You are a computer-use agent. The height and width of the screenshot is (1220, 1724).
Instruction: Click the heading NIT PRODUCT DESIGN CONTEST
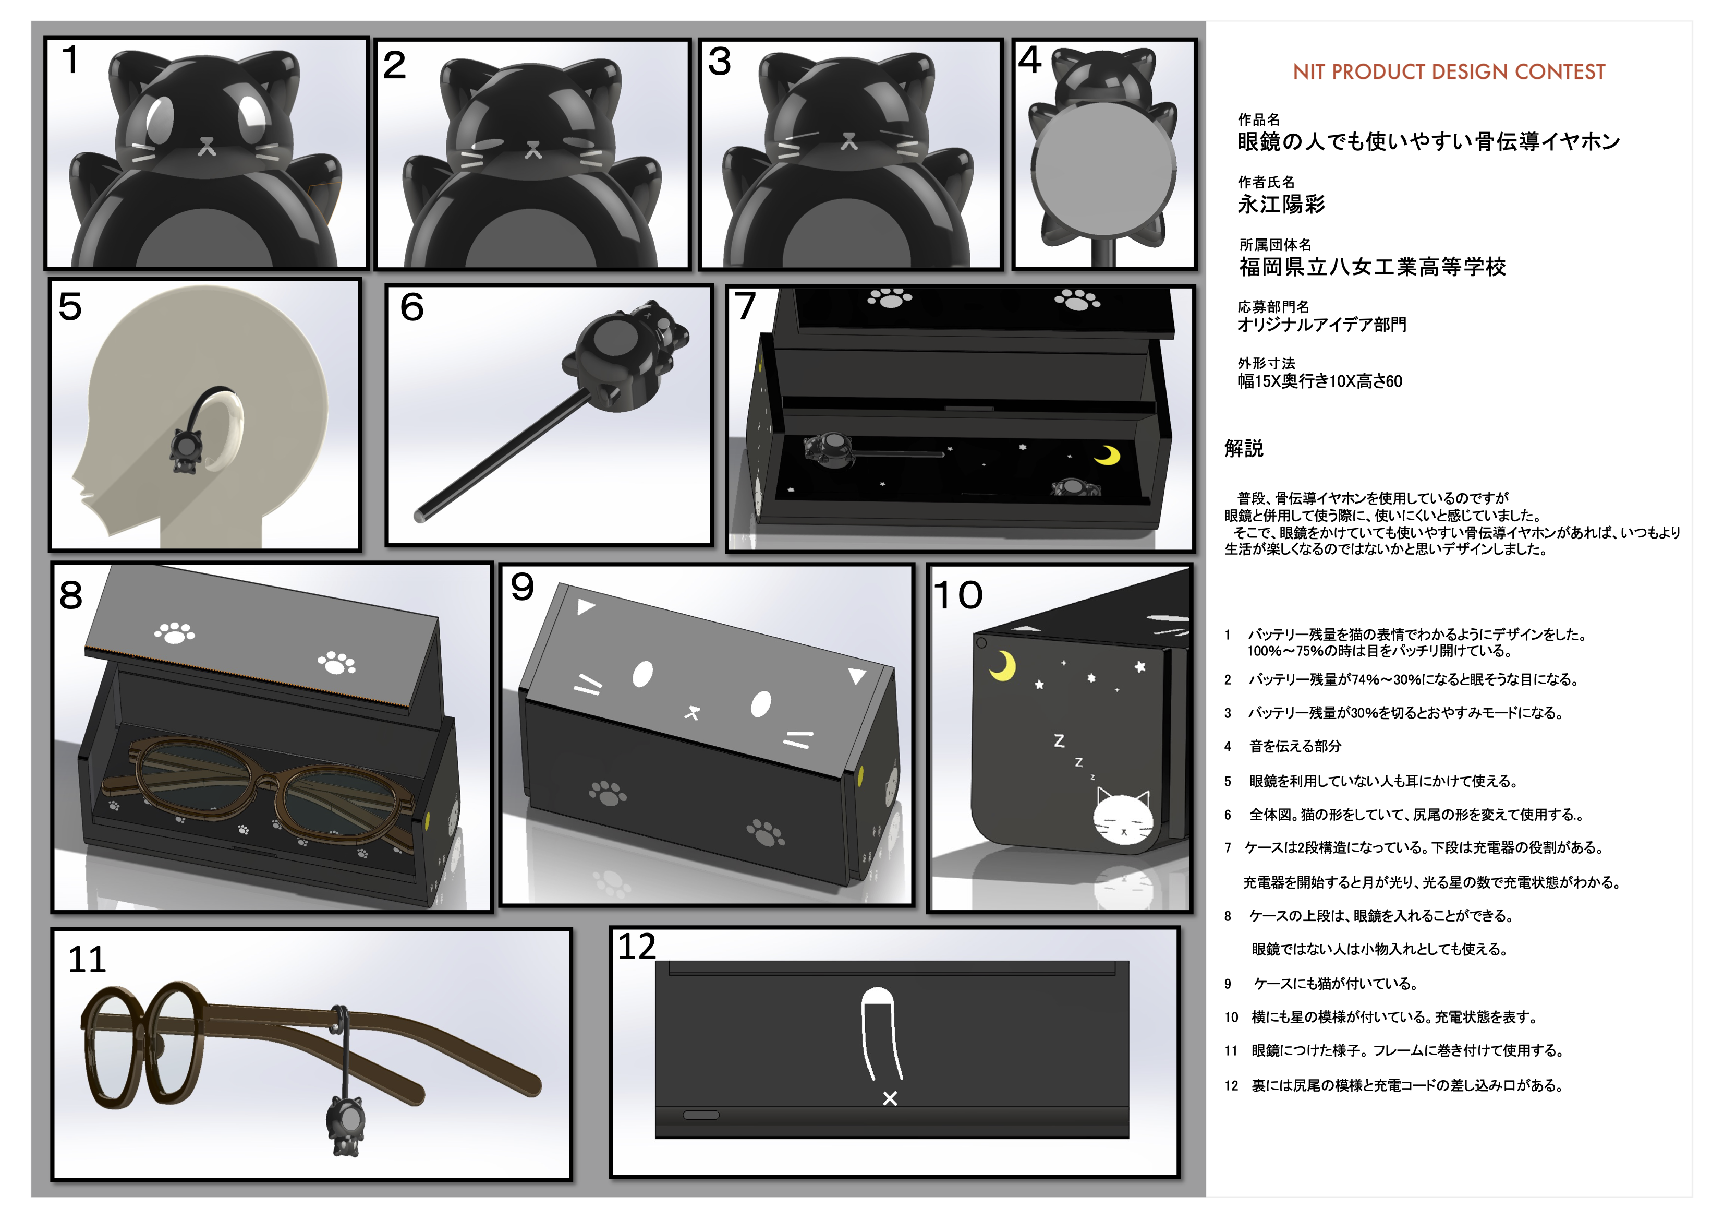tap(1449, 72)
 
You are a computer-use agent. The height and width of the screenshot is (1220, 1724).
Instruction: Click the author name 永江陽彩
tap(1281, 205)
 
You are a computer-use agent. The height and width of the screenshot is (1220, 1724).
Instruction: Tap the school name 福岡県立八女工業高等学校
tap(1373, 267)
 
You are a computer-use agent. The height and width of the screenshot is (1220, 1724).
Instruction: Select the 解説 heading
tap(1244, 448)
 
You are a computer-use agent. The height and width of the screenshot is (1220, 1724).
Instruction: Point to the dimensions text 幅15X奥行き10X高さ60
tap(1320, 381)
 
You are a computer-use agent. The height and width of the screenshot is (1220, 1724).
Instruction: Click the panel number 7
tap(745, 306)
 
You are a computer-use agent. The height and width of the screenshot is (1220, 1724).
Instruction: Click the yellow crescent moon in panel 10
tap(1003, 666)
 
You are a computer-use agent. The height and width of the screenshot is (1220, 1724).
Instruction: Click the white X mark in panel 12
tap(890, 1098)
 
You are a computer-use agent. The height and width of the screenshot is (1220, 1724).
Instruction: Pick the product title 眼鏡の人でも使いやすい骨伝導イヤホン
tap(1429, 141)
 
